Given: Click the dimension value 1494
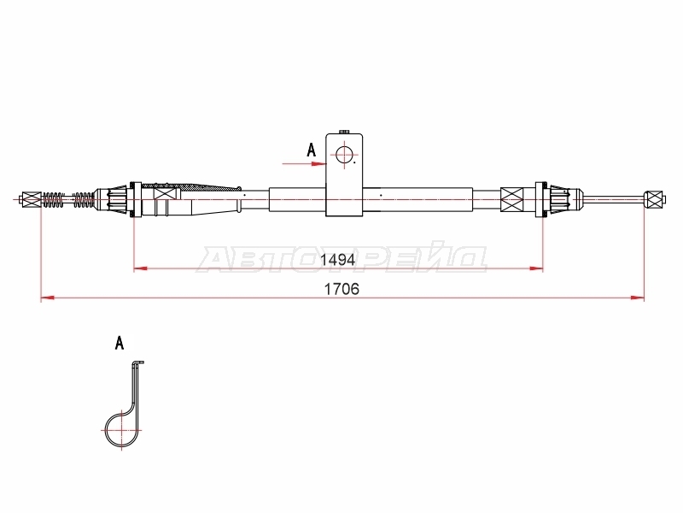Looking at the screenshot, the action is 338,260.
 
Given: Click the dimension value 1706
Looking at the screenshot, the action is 342,289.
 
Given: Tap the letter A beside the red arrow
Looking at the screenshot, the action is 311,150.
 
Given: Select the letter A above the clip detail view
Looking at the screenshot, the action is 120,343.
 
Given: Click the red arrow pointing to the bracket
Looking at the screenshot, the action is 304,164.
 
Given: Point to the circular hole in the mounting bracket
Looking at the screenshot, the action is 344,155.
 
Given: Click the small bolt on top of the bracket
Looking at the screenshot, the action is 345,131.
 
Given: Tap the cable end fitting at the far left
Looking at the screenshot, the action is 30,199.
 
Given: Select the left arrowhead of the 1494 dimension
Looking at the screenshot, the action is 140,268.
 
